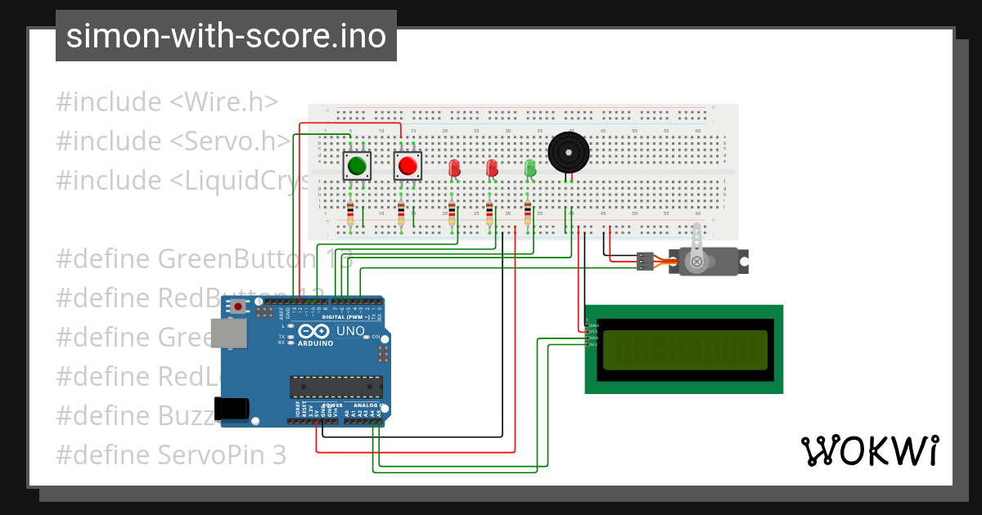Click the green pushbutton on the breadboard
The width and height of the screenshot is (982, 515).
coord(357,166)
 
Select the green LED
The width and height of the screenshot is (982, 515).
coord(529,168)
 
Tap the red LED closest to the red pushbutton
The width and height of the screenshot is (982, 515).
coord(455,168)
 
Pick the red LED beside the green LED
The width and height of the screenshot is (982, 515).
coord(492,168)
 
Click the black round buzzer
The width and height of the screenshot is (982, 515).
coord(568,152)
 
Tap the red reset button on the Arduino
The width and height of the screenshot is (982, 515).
coord(238,307)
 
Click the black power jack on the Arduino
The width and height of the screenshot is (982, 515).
coord(231,408)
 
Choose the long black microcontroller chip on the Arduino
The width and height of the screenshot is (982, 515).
coord(336,387)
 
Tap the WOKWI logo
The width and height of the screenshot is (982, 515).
coord(869,450)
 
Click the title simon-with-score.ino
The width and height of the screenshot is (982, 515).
coord(226,36)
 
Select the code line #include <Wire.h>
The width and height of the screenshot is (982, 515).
coord(167,102)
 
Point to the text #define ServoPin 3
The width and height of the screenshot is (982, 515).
coord(172,455)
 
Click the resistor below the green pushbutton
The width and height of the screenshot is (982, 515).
coord(350,214)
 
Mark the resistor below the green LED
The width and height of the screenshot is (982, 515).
coord(528,214)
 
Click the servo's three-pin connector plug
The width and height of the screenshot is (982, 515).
coord(645,262)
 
